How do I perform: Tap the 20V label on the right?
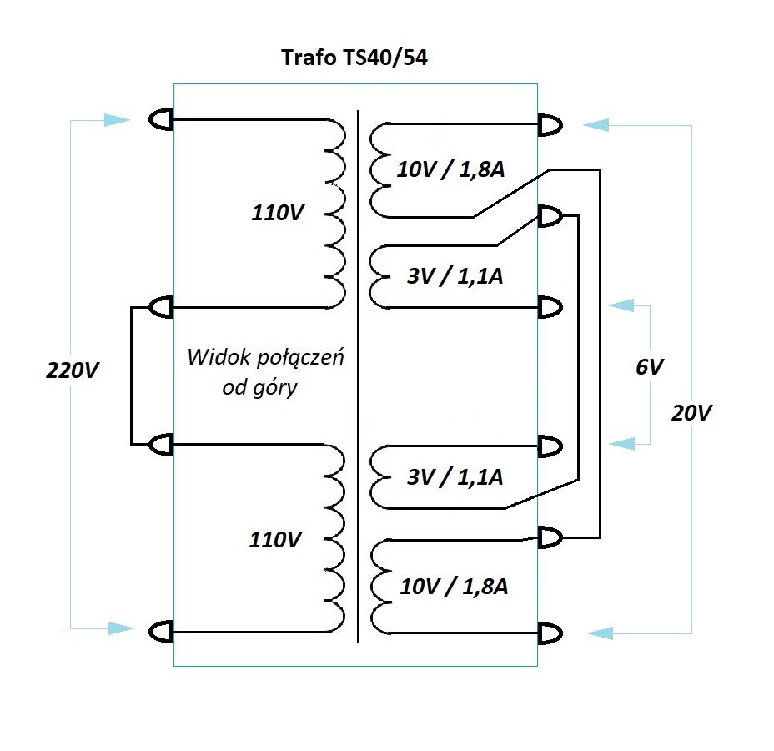[692, 412]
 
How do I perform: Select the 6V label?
[650, 366]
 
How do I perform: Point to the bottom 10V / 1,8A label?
[454, 586]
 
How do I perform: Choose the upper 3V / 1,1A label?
[455, 275]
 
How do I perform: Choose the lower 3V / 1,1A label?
[455, 477]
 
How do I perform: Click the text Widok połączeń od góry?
[264, 373]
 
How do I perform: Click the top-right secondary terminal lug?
[550, 125]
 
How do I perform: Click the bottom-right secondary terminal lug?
[550, 633]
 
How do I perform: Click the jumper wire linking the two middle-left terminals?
[132, 375]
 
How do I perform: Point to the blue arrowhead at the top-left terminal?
[118, 121]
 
